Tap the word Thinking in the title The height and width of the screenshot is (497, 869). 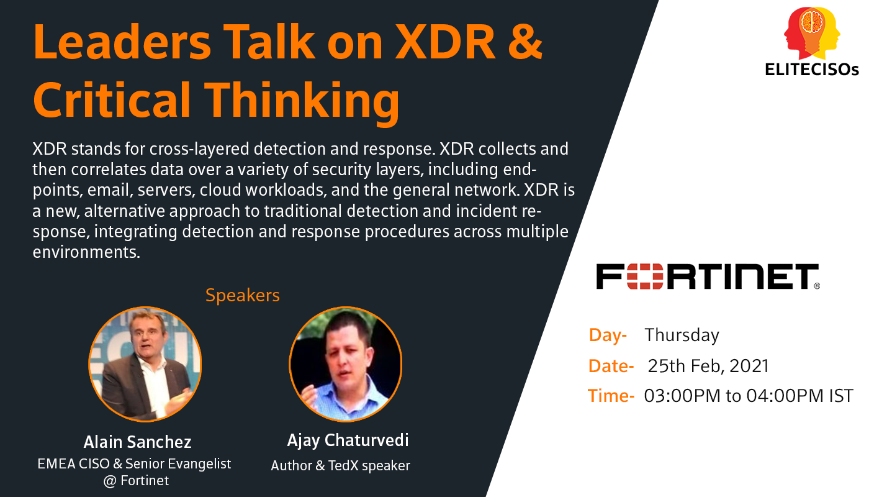tap(302, 100)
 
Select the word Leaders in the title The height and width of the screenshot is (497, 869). tap(122, 42)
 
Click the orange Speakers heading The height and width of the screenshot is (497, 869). tap(243, 296)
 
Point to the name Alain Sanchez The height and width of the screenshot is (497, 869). tap(137, 442)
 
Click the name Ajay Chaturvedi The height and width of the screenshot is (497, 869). tap(348, 440)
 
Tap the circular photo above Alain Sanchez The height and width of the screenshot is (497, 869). tap(145, 364)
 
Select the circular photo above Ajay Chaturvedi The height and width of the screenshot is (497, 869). tap(345, 364)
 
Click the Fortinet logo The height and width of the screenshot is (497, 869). tap(708, 277)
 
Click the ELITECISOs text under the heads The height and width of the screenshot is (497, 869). tap(812, 70)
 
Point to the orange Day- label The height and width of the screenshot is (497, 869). tap(608, 335)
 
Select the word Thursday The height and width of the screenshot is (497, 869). tap(682, 335)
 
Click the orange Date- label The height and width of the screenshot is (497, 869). tap(611, 366)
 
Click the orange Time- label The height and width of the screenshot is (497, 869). tap(611, 396)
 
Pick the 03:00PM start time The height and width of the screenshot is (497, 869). tap(682, 396)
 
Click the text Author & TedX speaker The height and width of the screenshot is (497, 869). tap(340, 465)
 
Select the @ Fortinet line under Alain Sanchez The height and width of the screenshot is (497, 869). tap(136, 481)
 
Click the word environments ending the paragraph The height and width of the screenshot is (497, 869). tap(86, 252)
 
